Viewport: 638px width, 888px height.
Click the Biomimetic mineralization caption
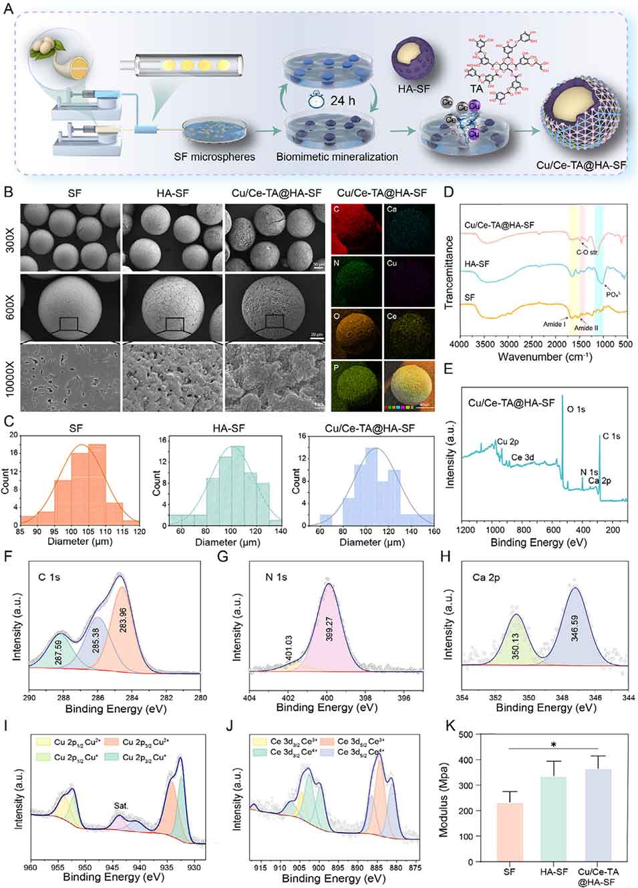[x=337, y=157]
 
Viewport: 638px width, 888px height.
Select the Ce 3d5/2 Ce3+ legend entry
[x=361, y=741]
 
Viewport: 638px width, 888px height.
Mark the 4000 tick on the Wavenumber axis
[x=459, y=345]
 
